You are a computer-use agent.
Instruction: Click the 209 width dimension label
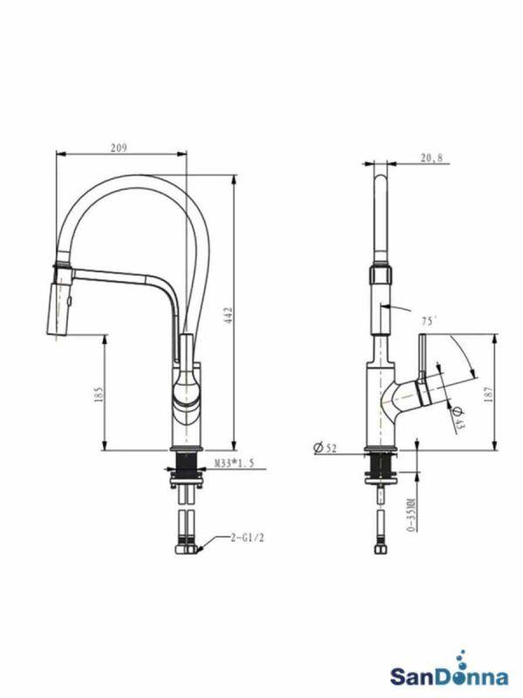(119, 147)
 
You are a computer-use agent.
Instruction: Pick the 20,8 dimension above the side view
(431, 158)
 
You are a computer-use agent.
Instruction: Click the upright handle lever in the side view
(418, 359)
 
